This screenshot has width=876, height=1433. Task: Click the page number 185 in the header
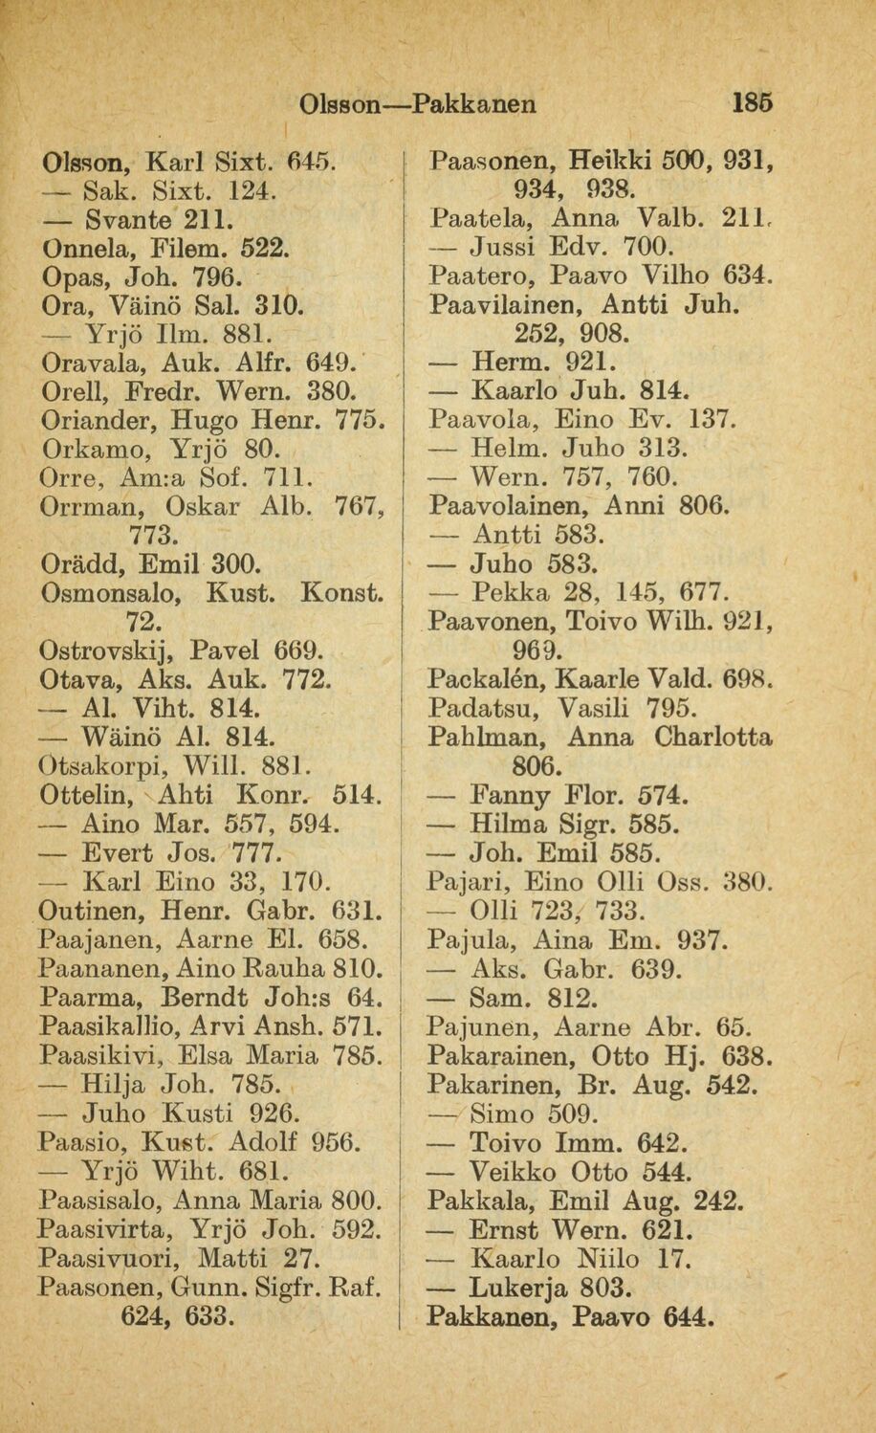coord(751,101)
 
